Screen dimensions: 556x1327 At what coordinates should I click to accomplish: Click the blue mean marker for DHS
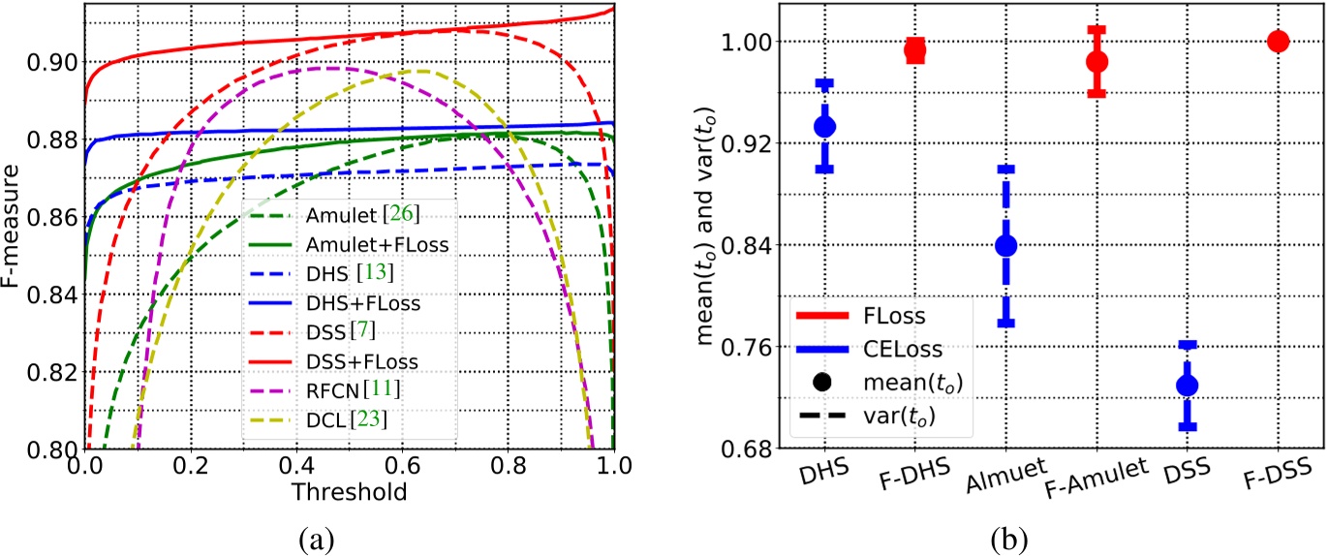pos(824,126)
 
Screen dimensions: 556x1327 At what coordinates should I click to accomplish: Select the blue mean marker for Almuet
pos(1005,246)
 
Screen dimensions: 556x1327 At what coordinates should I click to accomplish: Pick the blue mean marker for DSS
pos(1187,386)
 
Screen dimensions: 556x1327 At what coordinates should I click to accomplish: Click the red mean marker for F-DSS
pos(1278,41)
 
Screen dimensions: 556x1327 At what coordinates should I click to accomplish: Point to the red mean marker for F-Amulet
pos(1096,61)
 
